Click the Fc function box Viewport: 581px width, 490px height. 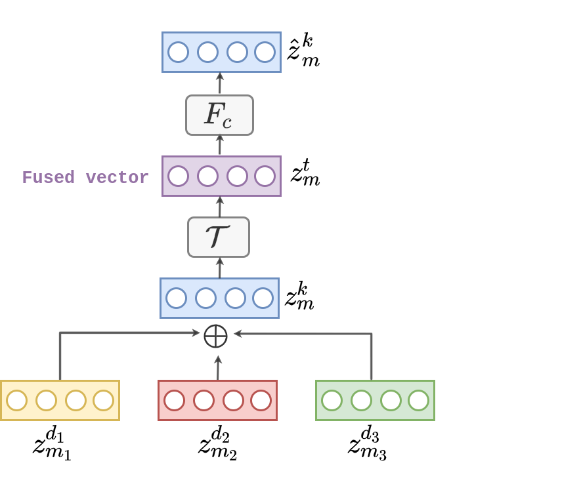click(x=219, y=115)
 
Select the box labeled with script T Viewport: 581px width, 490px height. click(x=219, y=237)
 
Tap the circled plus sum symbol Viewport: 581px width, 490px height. click(x=215, y=336)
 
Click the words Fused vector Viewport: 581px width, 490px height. click(x=85, y=178)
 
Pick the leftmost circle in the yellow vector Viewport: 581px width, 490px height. click(x=16, y=400)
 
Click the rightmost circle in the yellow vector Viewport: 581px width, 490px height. click(x=103, y=400)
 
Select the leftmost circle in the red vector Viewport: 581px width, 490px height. click(x=174, y=400)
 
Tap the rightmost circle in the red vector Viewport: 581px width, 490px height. click(x=261, y=400)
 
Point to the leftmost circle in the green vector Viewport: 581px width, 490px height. click(x=332, y=400)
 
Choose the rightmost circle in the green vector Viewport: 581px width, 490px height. click(x=418, y=400)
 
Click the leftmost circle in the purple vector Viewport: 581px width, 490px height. click(x=178, y=176)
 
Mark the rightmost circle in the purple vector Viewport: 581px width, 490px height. click(x=265, y=176)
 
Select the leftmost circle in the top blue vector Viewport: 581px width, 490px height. click(x=178, y=52)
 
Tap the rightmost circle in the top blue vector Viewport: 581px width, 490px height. click(x=265, y=52)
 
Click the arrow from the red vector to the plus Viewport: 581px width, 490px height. click(x=218, y=367)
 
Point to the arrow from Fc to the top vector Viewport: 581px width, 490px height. click(x=220, y=83)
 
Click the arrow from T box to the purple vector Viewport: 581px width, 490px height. click(x=220, y=207)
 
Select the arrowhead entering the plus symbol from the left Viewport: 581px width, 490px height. click(x=196, y=333)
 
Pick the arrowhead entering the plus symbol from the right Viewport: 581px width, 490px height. click(x=238, y=334)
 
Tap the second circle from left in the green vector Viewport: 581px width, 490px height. click(x=361, y=400)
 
